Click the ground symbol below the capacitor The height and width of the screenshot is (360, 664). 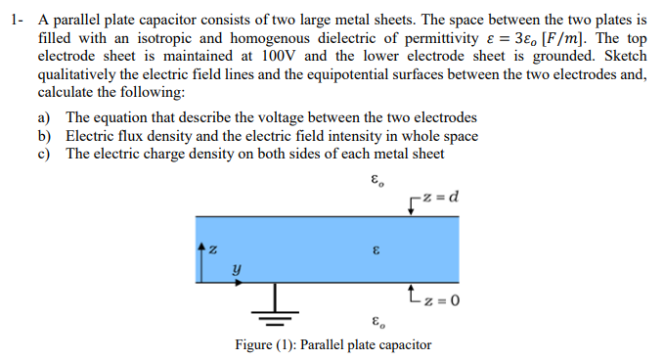tap(275, 310)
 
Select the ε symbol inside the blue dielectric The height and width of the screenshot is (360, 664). tap(376, 250)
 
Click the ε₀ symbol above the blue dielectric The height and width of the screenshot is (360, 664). tap(377, 182)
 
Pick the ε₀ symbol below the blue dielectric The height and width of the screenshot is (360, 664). tap(377, 322)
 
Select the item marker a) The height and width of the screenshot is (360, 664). tap(45, 118)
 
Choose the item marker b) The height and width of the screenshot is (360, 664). tap(45, 136)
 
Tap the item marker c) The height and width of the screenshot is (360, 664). tap(45, 154)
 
